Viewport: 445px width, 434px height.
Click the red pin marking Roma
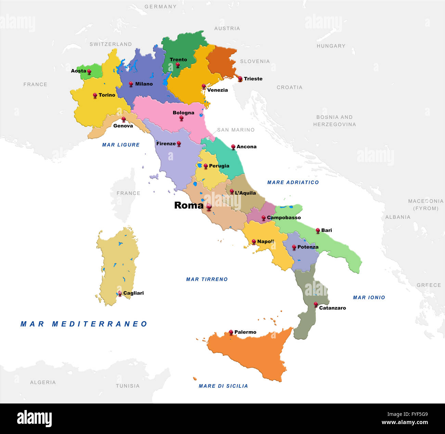click(209, 207)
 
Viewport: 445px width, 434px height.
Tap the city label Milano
click(144, 84)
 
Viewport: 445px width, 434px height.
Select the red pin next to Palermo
click(231, 332)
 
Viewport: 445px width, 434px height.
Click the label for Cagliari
click(133, 293)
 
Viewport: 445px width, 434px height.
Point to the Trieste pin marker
click(240, 78)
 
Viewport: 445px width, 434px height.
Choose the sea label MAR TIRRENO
click(207, 280)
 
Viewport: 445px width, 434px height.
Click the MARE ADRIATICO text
click(293, 183)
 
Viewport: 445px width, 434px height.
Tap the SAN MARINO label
click(236, 130)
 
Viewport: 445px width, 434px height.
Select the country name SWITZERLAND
click(111, 44)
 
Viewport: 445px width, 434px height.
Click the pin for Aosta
click(89, 71)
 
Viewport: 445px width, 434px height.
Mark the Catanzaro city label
click(332, 308)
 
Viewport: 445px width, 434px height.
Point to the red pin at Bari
click(318, 230)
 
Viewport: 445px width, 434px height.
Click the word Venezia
click(217, 90)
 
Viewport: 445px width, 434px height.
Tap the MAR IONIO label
click(369, 298)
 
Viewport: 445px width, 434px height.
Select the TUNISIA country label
click(128, 386)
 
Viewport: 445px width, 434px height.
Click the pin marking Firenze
click(179, 143)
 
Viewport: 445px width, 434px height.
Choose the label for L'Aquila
click(245, 193)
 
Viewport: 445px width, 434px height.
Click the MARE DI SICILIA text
click(223, 386)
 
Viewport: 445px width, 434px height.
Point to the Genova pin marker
click(124, 119)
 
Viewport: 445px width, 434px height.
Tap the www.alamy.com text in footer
click(405, 422)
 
